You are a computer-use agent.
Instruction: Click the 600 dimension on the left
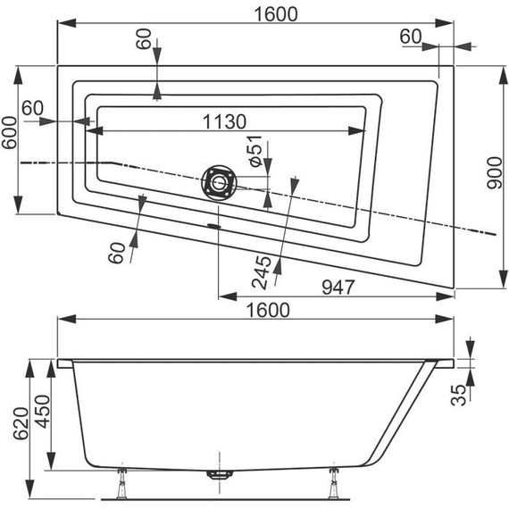point(10,141)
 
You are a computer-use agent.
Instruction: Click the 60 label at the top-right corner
point(410,37)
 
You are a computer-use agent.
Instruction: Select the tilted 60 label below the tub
point(116,253)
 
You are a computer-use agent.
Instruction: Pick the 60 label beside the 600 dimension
point(32,108)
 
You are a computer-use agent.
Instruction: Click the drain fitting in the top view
point(219,181)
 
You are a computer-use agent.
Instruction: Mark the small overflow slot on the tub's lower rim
point(213,225)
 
